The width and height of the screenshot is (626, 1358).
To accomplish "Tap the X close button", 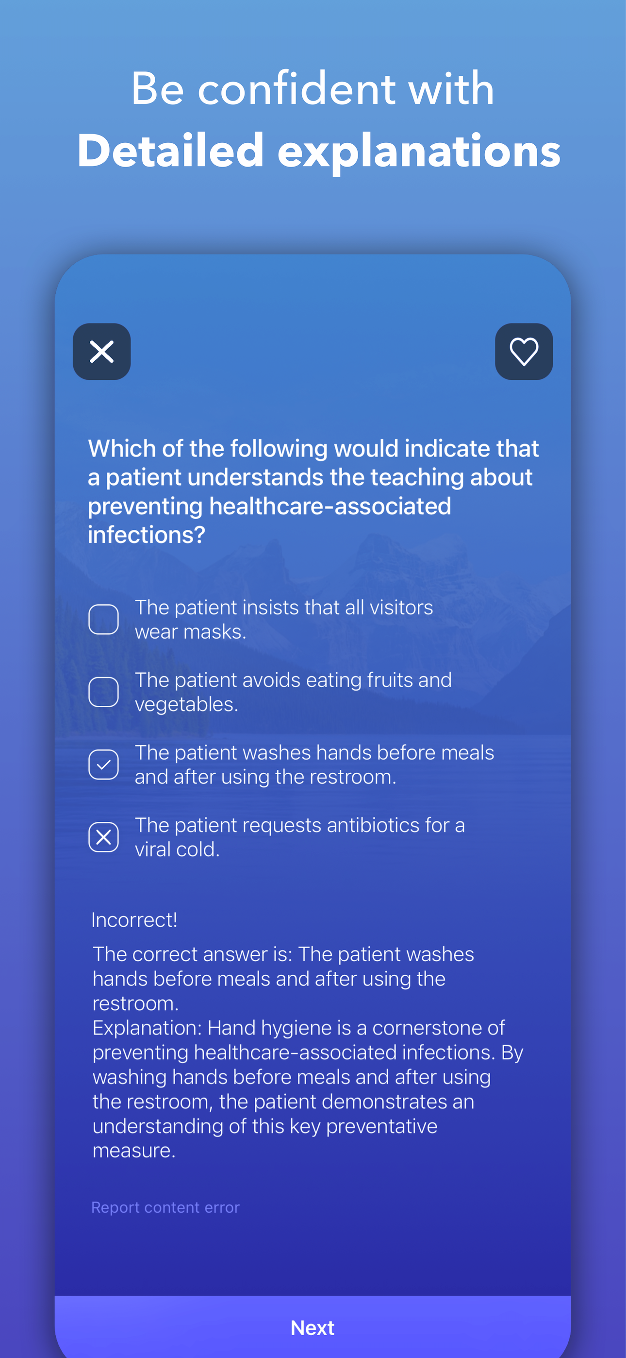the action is tap(102, 352).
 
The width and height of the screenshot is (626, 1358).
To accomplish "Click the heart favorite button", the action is tap(524, 352).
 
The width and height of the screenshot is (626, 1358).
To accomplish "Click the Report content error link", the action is tap(165, 1207).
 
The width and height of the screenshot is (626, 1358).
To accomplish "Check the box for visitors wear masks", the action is tap(103, 619).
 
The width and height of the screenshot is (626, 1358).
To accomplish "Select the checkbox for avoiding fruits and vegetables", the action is tap(103, 692).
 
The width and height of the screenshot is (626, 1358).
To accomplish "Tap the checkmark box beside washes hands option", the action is tap(103, 764).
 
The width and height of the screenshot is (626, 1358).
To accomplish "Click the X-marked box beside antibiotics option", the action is tap(103, 837).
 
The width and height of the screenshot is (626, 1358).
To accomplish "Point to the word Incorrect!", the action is tap(134, 920).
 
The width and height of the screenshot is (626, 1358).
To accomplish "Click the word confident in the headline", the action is tap(297, 88).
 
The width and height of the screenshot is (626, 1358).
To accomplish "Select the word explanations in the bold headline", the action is tap(419, 153).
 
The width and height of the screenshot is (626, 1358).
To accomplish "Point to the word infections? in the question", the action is tap(147, 535).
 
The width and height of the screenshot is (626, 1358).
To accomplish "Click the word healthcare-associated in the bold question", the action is tap(330, 506).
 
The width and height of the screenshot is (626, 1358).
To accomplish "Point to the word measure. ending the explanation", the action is tap(134, 1150).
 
